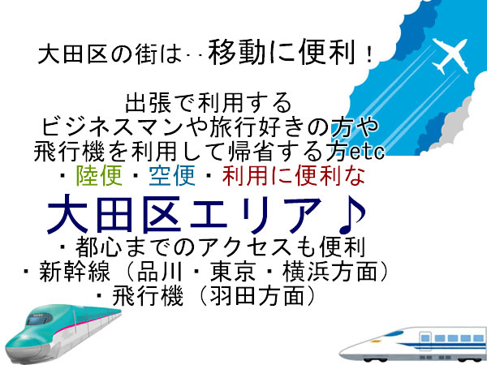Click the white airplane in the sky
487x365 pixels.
[450, 55]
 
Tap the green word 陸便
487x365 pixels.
[99, 176]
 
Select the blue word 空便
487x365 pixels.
[172, 176]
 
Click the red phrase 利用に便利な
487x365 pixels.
[294, 176]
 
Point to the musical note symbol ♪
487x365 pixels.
[352, 214]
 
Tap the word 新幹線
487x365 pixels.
[75, 271]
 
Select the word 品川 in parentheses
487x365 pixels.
[160, 271]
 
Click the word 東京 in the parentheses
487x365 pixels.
[233, 271]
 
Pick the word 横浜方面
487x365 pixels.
[330, 271]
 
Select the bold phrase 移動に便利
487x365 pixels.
[282, 52]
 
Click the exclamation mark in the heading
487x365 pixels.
[369, 55]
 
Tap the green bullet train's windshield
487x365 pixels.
[38, 319]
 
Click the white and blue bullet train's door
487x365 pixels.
[425, 342]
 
